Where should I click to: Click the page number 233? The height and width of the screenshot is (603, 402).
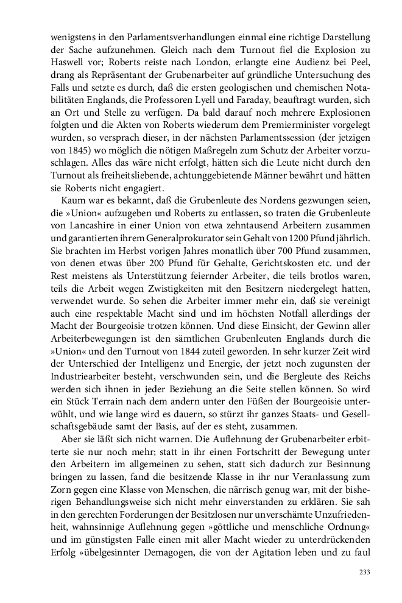pyautogui.click(x=364, y=571)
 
